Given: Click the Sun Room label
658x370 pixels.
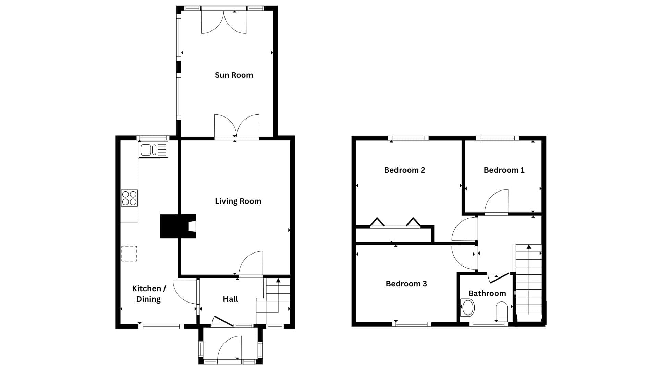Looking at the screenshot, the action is point(234,75).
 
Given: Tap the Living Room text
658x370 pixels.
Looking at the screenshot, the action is point(238,201).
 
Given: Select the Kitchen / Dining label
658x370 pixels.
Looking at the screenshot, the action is point(149,294).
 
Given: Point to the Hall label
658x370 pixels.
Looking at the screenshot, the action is point(230,299).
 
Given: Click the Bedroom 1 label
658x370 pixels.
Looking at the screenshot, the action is point(504,170).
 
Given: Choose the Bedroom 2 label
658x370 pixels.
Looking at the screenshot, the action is point(404,170).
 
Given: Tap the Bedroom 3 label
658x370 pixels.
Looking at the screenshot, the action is point(406,284).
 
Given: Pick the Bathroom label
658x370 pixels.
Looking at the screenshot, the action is point(487,293).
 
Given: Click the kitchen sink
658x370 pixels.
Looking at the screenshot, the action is point(154,150).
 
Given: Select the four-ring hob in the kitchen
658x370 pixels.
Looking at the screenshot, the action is point(129,198).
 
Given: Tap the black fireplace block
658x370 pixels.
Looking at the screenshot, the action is point(178,226).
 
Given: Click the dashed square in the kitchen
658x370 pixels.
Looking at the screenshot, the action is point(129,254).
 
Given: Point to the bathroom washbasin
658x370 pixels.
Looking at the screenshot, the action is point(468,307).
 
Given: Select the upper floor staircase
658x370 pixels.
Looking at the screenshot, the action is point(528,279).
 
